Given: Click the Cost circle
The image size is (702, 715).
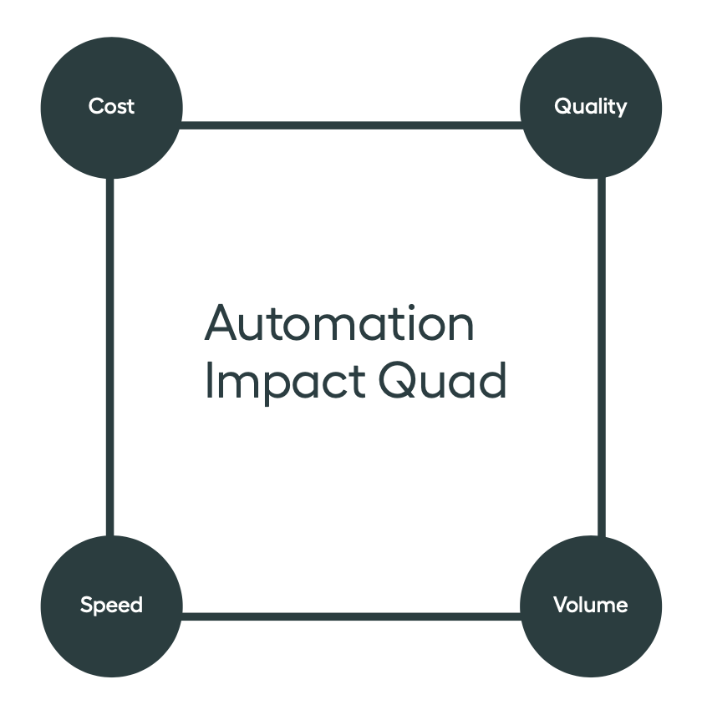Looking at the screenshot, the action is click(x=112, y=108).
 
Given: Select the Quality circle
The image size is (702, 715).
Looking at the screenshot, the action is click(x=591, y=108).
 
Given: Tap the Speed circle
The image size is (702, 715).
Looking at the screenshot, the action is click(x=112, y=606).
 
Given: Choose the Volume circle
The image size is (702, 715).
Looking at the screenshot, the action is click(x=591, y=606).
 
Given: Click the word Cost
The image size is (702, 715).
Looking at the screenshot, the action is click(x=111, y=106).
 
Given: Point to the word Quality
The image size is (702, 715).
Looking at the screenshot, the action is click(x=591, y=107).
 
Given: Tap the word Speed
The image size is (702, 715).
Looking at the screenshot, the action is click(x=111, y=606).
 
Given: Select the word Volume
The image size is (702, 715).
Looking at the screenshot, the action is click(x=591, y=605).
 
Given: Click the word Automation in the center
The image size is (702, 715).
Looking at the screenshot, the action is click(x=339, y=323).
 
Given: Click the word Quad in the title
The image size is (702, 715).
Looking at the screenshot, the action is click(x=442, y=380).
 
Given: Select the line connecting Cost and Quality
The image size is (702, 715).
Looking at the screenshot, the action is click(x=351, y=125).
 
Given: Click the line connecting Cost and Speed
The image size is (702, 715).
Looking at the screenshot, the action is click(x=109, y=357).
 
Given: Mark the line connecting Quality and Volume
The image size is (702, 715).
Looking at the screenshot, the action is click(x=602, y=357).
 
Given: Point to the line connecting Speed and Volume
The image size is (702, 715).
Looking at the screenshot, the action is click(x=351, y=616).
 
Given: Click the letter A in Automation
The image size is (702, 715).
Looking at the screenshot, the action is click(x=221, y=322).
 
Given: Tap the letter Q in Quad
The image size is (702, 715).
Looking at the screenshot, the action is click(x=397, y=380).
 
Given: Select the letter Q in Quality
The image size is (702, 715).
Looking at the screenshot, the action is click(x=564, y=106).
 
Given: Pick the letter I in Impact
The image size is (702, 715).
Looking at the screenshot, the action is click(x=210, y=380).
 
